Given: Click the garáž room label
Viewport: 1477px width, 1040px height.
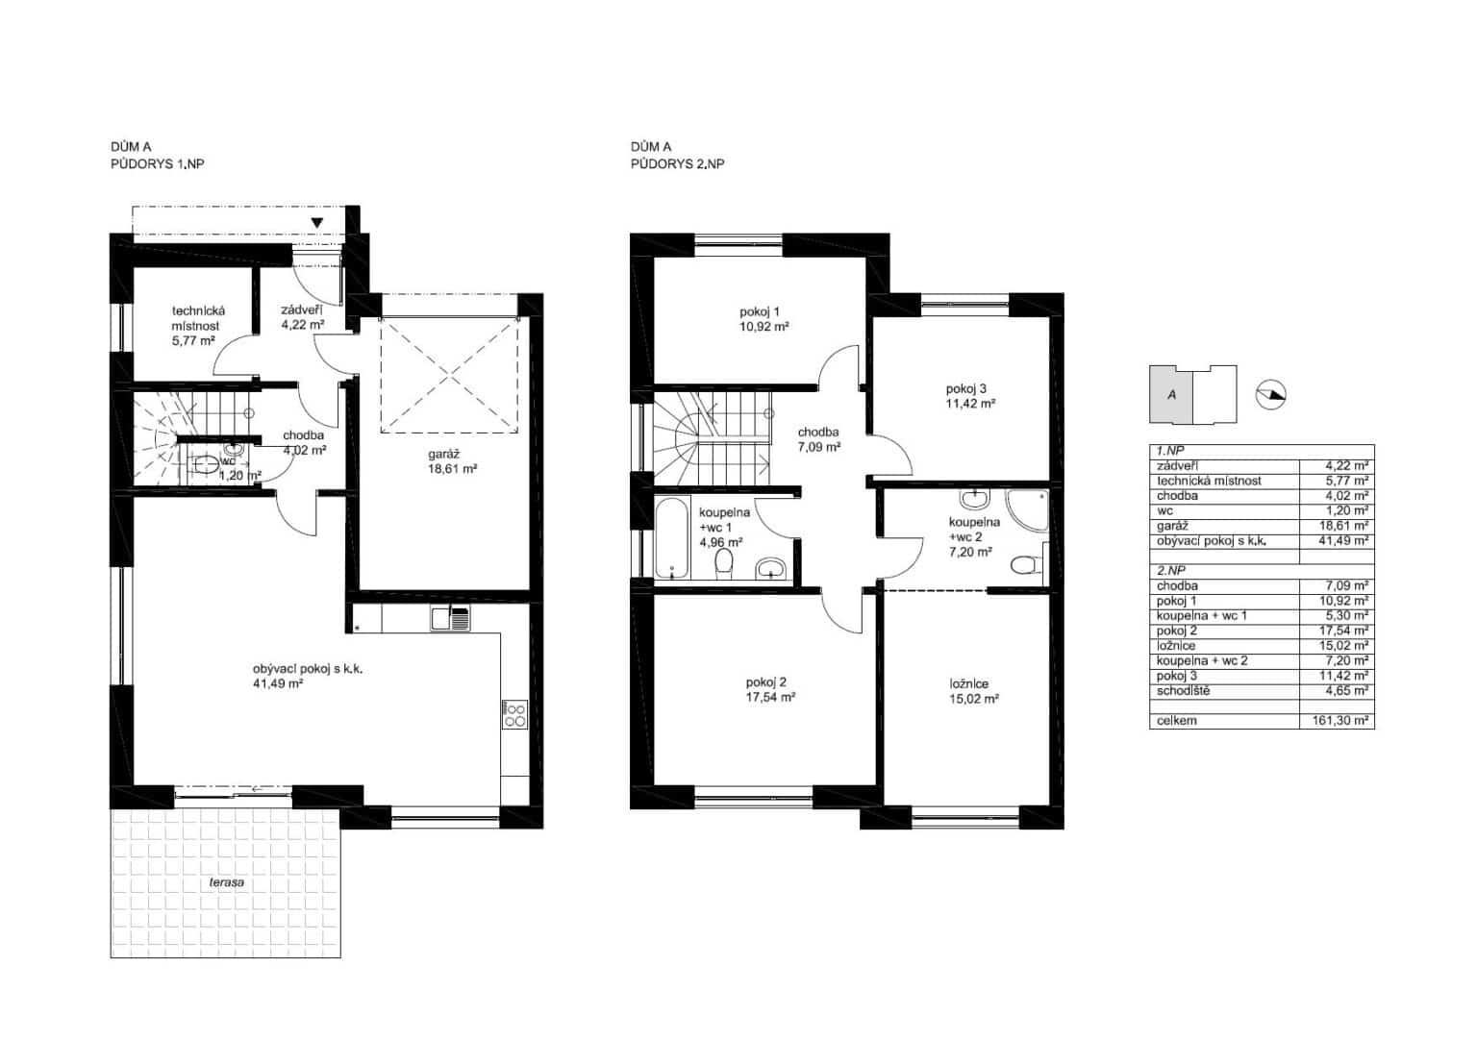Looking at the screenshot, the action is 443,454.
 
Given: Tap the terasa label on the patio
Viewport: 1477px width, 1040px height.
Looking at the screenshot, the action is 227,881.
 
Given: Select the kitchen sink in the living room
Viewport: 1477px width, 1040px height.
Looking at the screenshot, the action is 450,620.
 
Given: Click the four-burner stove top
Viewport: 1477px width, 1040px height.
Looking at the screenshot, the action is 515,714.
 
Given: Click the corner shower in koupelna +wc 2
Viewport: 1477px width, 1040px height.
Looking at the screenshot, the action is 1027,510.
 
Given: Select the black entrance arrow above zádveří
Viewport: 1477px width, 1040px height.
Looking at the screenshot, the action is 317,223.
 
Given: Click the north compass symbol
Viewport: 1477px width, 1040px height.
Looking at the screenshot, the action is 1270,395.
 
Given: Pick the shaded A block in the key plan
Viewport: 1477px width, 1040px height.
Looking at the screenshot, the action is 1171,395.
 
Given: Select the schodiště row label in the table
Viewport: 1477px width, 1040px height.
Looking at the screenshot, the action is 1184,691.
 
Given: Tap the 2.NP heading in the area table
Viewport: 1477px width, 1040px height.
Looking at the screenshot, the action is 1170,571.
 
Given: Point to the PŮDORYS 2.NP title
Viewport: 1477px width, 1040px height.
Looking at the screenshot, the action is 677,164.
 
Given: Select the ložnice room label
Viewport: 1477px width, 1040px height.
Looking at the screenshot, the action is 968,684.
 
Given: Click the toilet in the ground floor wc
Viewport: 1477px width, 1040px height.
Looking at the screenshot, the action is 205,465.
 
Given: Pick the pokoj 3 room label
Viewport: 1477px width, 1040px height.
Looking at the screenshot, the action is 966,389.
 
